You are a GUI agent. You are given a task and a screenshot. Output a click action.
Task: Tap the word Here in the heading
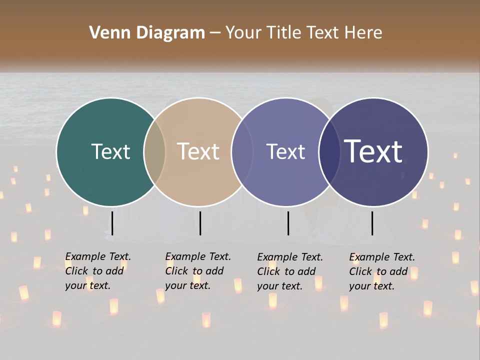(x=363, y=33)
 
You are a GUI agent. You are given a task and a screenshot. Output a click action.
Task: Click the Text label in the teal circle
(x=110, y=151)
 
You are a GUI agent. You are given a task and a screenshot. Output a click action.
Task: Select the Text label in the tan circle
(x=198, y=151)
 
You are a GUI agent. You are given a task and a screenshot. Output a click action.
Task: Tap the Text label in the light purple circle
(x=285, y=151)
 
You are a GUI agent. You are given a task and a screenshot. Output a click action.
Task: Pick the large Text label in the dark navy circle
(x=373, y=151)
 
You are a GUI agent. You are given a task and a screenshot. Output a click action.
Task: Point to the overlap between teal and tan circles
(x=154, y=151)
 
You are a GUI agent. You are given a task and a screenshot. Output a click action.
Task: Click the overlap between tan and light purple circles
(x=242, y=151)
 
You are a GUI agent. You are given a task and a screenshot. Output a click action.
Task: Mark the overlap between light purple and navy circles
(x=329, y=151)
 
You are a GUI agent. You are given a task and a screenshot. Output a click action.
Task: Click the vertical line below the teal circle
(x=112, y=223)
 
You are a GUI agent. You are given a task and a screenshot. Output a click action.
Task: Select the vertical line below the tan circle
(x=200, y=223)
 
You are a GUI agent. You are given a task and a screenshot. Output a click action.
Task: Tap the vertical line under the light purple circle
(x=288, y=223)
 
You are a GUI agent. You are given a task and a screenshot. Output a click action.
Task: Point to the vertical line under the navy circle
(x=372, y=223)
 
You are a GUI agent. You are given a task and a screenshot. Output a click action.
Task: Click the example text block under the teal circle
(x=98, y=271)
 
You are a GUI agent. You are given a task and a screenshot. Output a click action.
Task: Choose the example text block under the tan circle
(x=198, y=271)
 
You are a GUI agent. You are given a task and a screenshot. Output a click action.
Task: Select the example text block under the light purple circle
(x=290, y=271)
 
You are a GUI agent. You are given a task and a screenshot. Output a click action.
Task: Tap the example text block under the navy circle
(x=382, y=271)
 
